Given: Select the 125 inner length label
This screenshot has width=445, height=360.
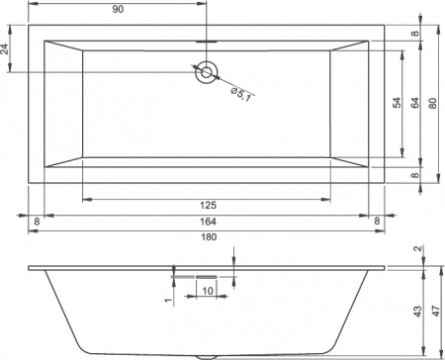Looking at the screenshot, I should pyautogui.click(x=208, y=205).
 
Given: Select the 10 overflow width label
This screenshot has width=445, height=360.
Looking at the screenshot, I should pyautogui.click(x=209, y=291).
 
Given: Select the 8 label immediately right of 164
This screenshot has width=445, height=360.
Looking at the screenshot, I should pyautogui.click(x=377, y=221).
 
